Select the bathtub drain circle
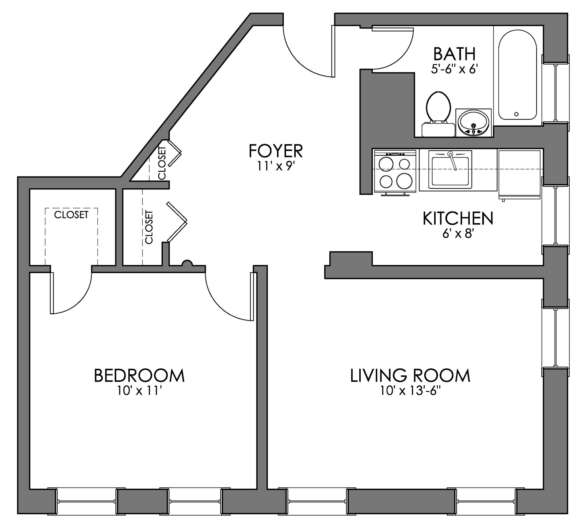click(x=516, y=114)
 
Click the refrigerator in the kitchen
click(x=519, y=174)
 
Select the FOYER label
click(x=276, y=151)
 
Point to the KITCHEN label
click(x=458, y=219)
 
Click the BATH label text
click(x=454, y=54)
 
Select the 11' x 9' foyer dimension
click(x=276, y=167)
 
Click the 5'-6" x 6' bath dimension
click(x=454, y=69)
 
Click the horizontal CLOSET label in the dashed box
click(x=71, y=215)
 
